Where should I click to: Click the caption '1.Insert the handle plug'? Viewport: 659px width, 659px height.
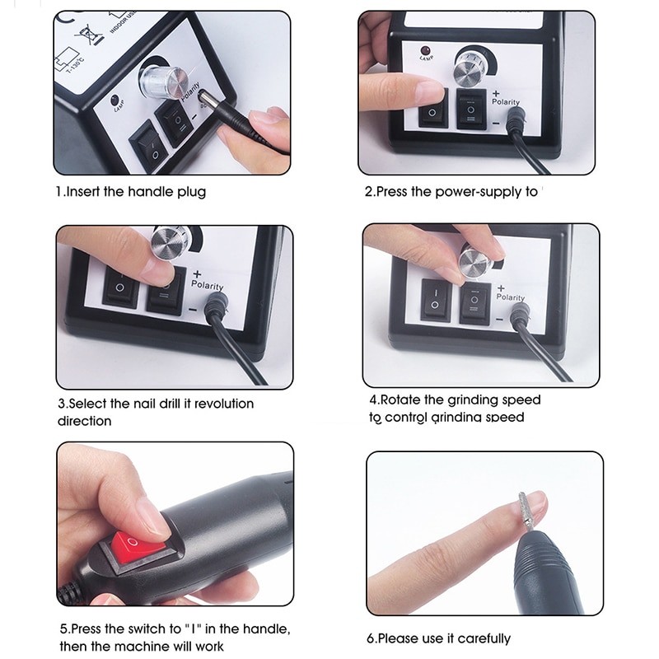[131, 192]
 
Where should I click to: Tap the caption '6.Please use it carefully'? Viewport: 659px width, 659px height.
[438, 638]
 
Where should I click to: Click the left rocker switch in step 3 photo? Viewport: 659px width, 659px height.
[121, 289]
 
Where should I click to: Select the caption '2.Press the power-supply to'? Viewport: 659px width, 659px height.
[451, 192]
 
